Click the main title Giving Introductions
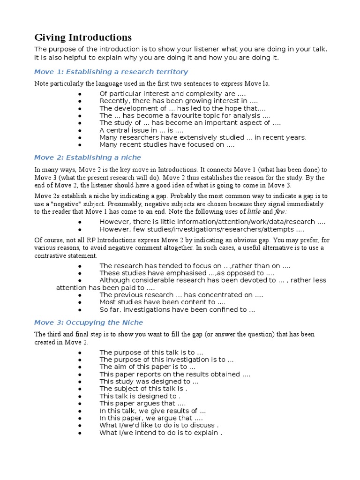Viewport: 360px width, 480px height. click(x=83, y=37)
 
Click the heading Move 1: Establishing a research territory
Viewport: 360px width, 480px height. click(x=111, y=72)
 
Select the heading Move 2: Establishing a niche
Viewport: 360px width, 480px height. click(x=88, y=157)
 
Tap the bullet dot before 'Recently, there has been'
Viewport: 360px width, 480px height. click(x=80, y=101)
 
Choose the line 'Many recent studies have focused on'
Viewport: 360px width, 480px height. click(x=167, y=144)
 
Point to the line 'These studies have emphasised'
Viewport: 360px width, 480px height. click(x=187, y=273)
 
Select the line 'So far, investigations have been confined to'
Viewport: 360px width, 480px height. click(x=177, y=309)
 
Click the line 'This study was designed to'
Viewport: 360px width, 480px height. click(x=149, y=382)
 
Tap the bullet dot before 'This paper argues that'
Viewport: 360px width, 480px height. click(x=80, y=404)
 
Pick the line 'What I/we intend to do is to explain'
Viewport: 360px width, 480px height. click(x=160, y=433)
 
